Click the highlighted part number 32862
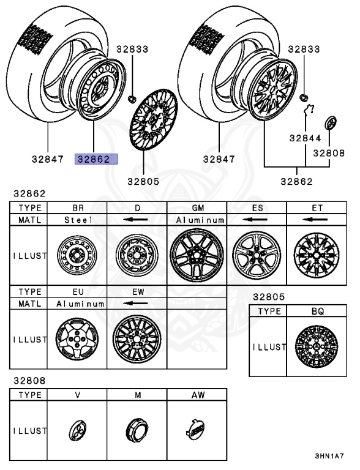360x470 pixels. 96,159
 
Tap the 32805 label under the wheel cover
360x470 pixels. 143,181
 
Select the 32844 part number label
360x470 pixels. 305,138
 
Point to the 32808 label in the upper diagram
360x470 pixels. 329,153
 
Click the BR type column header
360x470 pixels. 78,207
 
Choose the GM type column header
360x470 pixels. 198,207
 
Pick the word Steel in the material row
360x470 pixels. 78,220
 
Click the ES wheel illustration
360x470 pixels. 257,255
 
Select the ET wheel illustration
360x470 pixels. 317,255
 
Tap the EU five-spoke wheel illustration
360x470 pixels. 77,339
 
